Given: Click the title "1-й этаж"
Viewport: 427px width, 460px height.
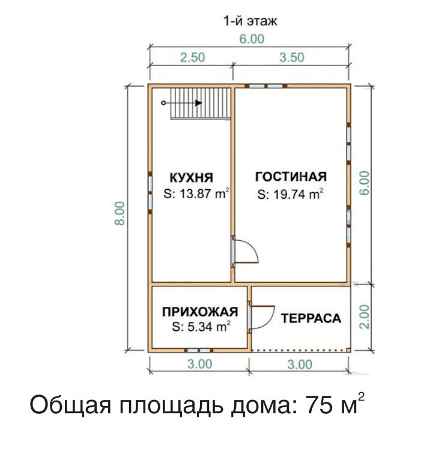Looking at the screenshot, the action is (250, 21).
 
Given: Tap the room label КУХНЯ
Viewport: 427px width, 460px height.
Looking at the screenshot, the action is (192, 178).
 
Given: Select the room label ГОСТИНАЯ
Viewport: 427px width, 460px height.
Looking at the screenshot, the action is (291, 177).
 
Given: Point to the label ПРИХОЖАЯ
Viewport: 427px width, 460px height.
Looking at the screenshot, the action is (200, 312).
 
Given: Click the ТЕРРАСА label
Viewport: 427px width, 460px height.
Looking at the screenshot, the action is (311, 318).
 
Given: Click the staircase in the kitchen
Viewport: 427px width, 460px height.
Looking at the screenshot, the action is (201, 103).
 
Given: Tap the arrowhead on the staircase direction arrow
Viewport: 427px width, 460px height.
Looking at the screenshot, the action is (199, 103).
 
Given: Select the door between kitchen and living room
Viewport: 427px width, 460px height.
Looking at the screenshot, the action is (244, 252).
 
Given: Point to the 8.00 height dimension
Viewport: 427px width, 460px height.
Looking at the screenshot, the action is (120, 213).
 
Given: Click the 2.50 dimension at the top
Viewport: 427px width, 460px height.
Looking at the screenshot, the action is (193, 58).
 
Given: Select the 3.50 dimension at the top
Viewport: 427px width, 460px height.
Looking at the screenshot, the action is (292, 58).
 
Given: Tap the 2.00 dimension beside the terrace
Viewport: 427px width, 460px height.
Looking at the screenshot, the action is (364, 317).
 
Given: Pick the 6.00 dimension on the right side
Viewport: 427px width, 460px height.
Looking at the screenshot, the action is (364, 183).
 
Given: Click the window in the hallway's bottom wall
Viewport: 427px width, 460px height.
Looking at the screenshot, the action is (199, 350).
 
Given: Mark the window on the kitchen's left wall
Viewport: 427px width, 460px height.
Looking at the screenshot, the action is (150, 192).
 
